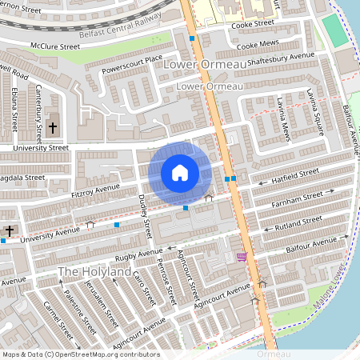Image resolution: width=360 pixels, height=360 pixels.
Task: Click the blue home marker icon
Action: point(179,173)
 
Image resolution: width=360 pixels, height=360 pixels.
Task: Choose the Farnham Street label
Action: point(307,197)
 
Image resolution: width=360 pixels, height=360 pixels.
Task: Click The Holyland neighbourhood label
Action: point(94,273)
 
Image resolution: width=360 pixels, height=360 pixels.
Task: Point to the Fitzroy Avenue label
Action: point(95,190)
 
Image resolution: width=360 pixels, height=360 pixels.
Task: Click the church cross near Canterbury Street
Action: point(53,127)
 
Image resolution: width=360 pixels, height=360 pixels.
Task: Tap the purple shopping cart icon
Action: point(242,257)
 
